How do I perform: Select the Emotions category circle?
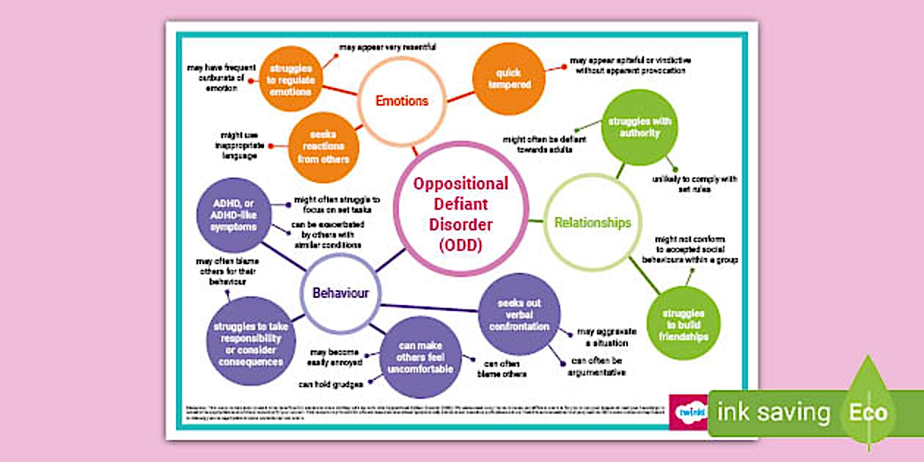(x=401, y=100)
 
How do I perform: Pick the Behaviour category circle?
(x=340, y=293)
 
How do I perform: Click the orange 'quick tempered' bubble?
(x=510, y=79)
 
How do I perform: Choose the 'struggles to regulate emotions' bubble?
(x=291, y=80)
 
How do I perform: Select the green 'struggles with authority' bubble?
(x=639, y=127)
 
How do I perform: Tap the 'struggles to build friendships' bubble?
(x=683, y=323)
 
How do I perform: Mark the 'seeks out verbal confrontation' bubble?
(x=519, y=314)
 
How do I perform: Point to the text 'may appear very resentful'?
(x=387, y=48)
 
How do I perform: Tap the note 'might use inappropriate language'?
(x=235, y=145)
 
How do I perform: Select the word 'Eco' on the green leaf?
(x=868, y=412)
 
